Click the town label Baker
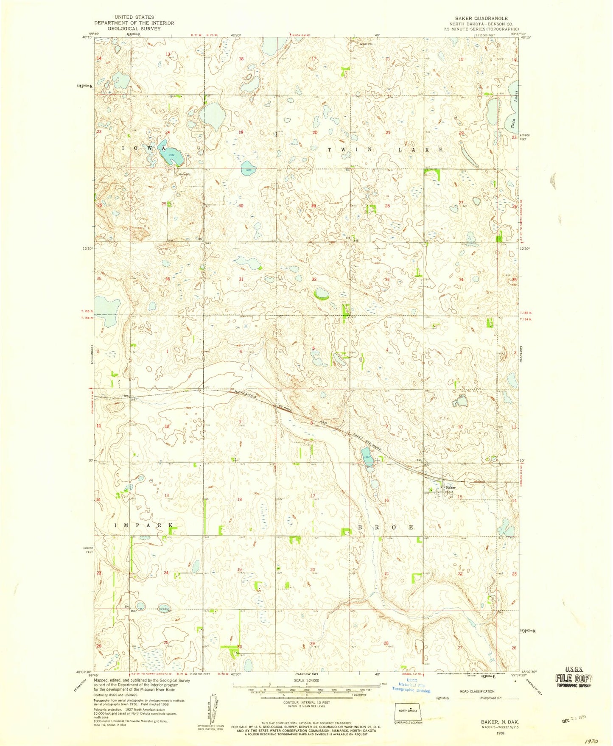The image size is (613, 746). pyautogui.click(x=451, y=488)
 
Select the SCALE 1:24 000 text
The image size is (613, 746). pyautogui.click(x=305, y=681)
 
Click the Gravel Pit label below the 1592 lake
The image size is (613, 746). pyautogui.click(x=184, y=174)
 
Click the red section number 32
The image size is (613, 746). pyautogui.click(x=314, y=279)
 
